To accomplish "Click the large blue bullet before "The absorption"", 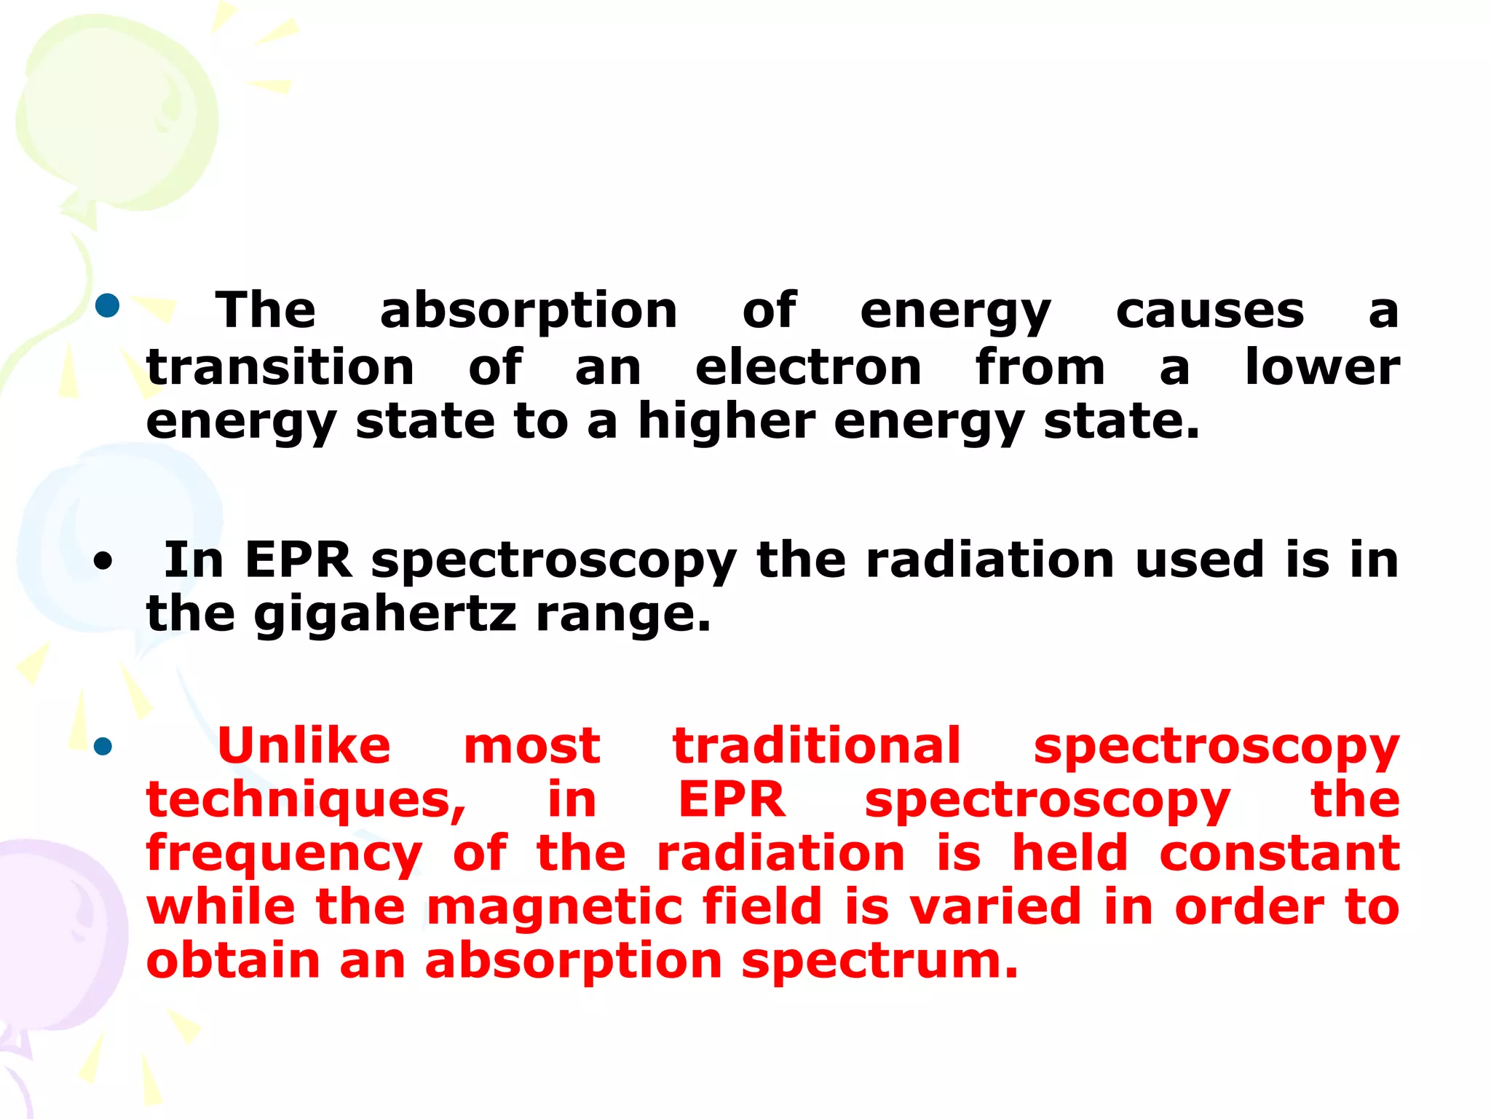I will pos(107,305).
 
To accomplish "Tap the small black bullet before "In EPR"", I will pos(103,562).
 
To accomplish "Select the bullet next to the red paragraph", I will pos(103,746).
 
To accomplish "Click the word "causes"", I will pos(1210,311).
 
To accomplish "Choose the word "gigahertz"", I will pos(385,616).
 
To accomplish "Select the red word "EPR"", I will pos(732,799).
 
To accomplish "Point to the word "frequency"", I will pos(284,855).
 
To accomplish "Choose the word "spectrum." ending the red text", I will pos(880,962).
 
